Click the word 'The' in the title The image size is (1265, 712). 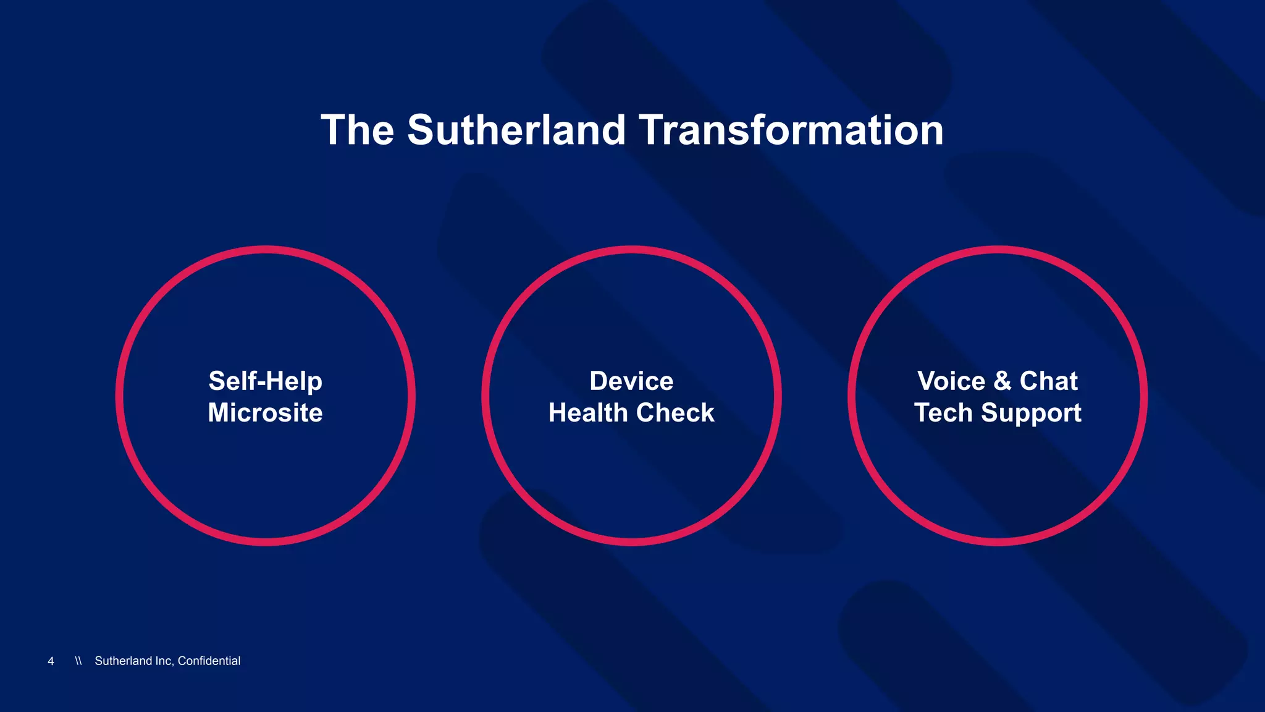click(358, 130)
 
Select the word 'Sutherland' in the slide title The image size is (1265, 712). click(516, 130)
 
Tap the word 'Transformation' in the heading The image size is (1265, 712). click(791, 130)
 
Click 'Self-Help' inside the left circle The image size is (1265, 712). click(265, 381)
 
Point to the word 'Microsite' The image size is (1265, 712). click(265, 413)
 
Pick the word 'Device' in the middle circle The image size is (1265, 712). click(631, 381)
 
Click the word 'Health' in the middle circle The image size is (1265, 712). click(587, 413)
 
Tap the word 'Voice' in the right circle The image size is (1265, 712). click(951, 381)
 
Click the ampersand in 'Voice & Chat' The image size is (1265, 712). click(1002, 381)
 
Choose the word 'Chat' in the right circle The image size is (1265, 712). click(1049, 381)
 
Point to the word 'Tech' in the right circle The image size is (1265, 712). click(943, 413)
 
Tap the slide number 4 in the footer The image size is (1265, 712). click(51, 661)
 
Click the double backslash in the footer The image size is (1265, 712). click(78, 661)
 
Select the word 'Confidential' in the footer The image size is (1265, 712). click(209, 661)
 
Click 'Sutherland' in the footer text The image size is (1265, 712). click(123, 661)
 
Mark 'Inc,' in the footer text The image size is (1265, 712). click(164, 661)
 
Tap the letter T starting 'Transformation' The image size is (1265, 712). click(650, 130)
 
